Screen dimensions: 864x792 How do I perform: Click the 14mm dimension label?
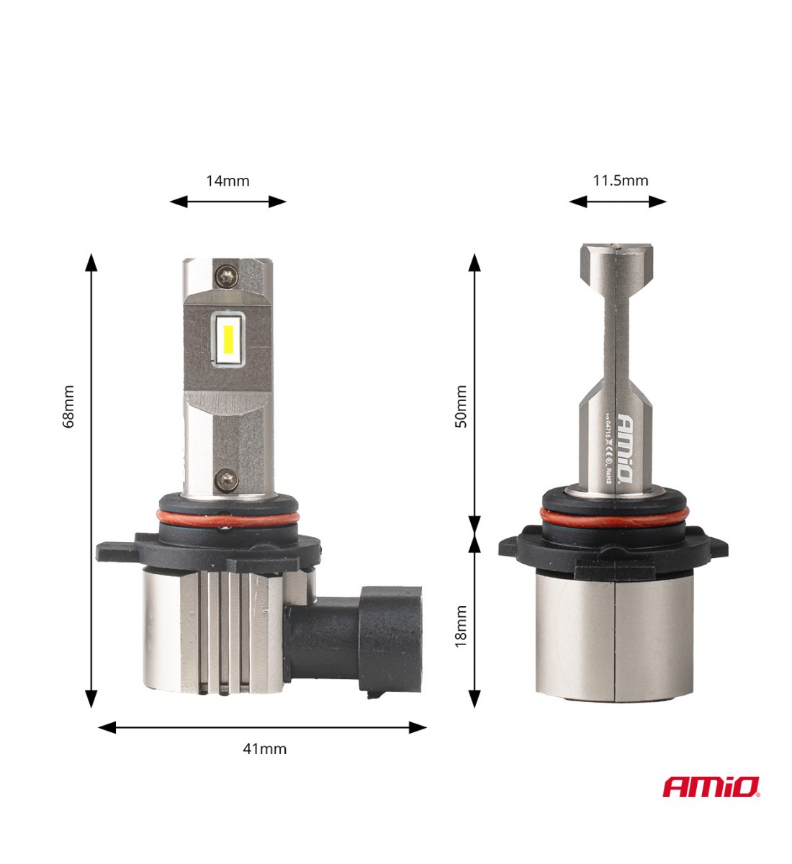pos(228,181)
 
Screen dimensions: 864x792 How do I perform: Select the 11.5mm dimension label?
pos(620,180)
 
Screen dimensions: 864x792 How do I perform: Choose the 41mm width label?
pos(264,749)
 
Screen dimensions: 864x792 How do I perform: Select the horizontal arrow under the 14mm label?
pos(228,202)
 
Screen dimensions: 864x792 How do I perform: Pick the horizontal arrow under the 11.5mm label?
pos(618,202)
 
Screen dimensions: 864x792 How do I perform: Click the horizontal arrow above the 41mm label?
pos(262,727)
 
